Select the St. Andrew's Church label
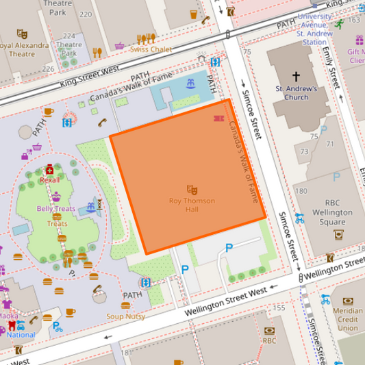click(296, 92)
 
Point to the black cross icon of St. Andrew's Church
click(296, 77)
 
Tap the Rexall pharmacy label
click(49, 179)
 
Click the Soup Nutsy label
click(125, 316)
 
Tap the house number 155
click(278, 308)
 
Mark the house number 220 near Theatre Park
click(85, 14)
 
